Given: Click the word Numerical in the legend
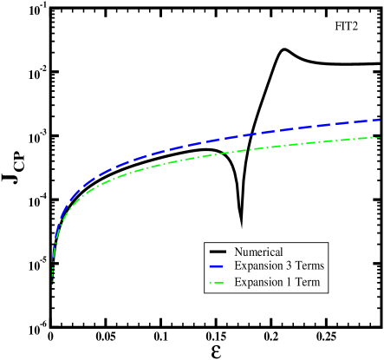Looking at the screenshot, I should click(258, 252).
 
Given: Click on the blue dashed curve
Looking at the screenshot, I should click(217, 140).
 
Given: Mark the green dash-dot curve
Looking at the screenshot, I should click(217, 154).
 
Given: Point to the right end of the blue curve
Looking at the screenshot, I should click(381, 120).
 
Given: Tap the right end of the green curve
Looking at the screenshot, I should click(381, 137).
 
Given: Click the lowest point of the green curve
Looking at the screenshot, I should click(52, 280).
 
